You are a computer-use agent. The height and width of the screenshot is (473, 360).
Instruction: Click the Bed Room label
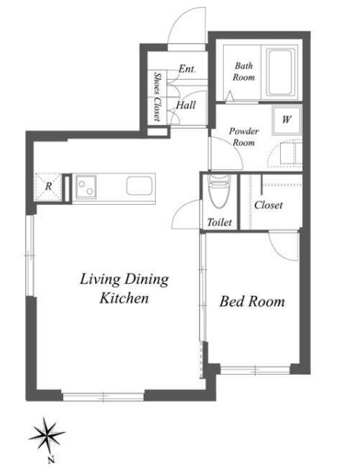(x=252, y=302)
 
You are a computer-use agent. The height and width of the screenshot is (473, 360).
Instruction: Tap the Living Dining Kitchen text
(x=124, y=289)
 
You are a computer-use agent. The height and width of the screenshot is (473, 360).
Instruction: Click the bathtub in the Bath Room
(x=280, y=72)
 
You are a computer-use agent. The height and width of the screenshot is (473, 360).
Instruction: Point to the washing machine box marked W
(x=286, y=120)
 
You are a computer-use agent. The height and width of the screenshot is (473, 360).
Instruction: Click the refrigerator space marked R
(x=48, y=187)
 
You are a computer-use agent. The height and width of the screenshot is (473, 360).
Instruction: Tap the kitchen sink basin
(x=139, y=185)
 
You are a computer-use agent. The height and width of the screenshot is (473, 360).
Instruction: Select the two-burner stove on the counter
(x=86, y=187)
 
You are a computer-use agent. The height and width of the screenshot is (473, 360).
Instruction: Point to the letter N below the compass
(x=51, y=460)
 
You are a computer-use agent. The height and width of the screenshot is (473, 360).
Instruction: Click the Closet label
(x=269, y=205)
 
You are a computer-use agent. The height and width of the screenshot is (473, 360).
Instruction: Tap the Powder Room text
(x=244, y=136)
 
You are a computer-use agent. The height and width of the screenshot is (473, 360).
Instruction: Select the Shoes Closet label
(x=157, y=96)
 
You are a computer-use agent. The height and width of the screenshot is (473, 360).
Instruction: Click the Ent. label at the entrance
(x=187, y=69)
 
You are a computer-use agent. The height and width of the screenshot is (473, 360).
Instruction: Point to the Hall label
(x=186, y=105)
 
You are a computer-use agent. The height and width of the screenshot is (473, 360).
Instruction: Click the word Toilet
(x=219, y=222)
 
